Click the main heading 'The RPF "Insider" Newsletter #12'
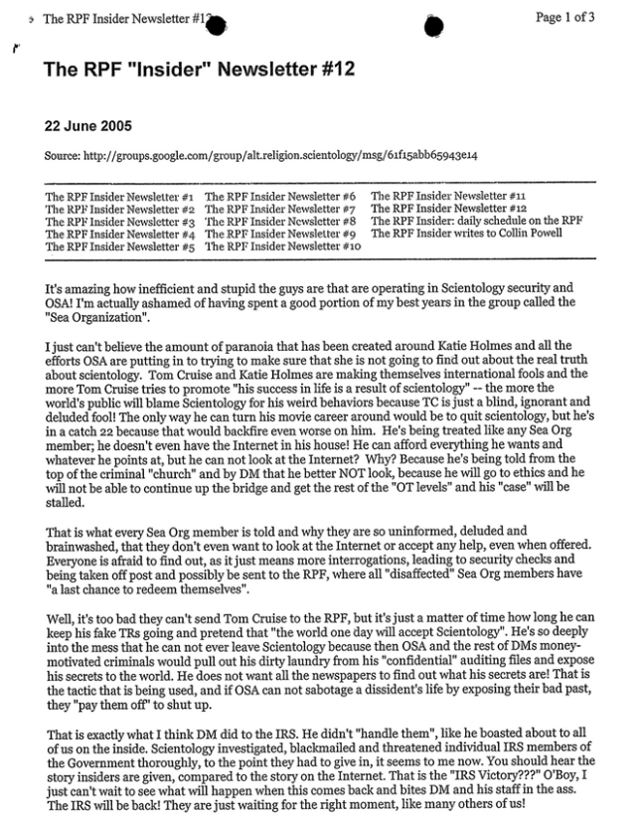(199, 70)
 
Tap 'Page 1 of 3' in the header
(565, 17)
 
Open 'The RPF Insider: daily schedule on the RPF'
(476, 221)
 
